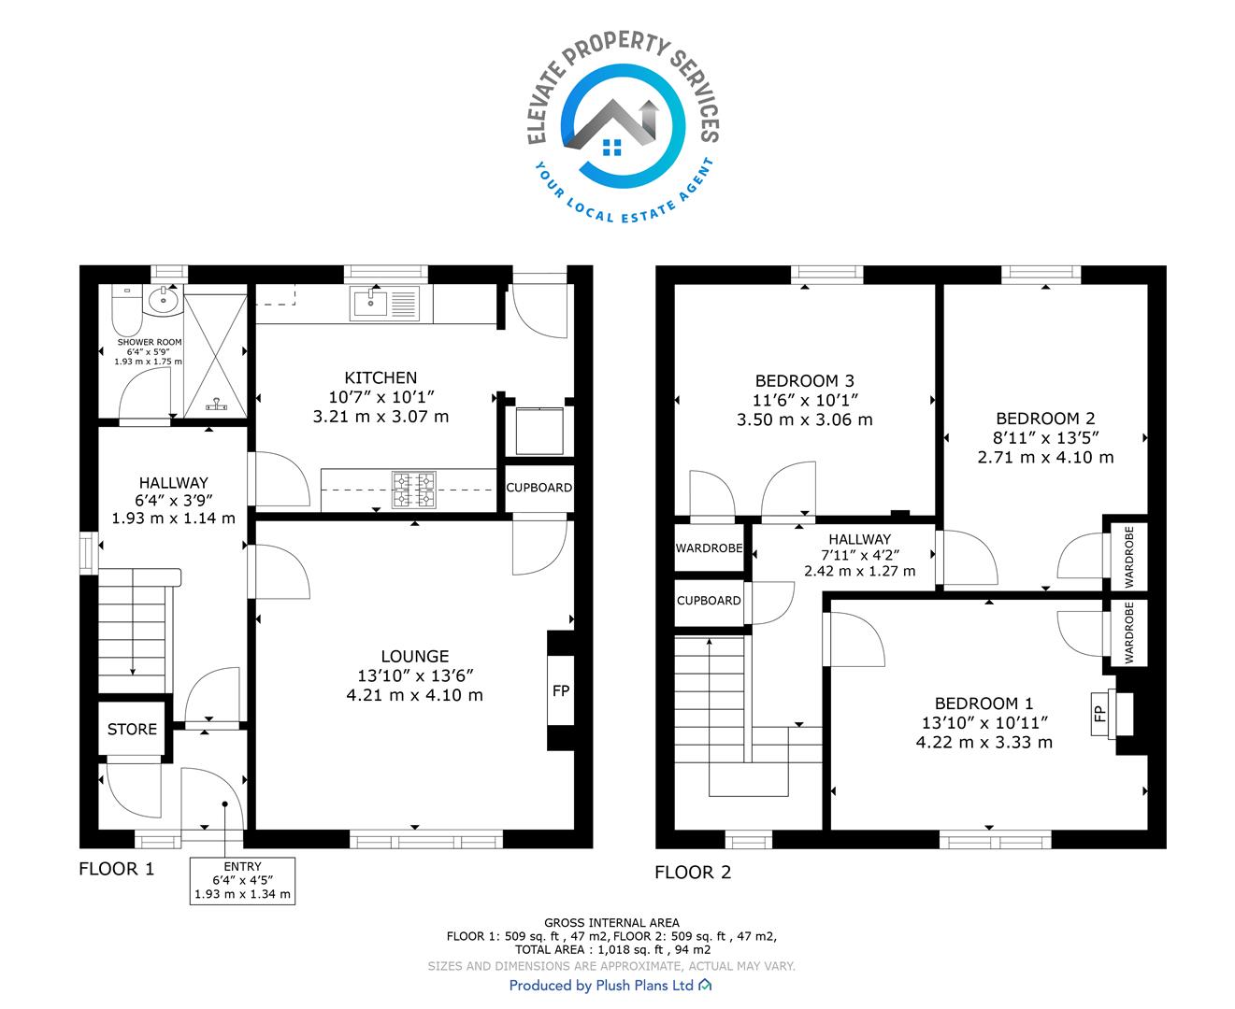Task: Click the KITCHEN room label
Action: [381, 377]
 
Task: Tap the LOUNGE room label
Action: [414, 656]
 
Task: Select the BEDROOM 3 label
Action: [804, 381]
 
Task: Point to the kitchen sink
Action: [385, 304]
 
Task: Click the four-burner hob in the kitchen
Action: [414, 490]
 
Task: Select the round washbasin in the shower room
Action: [164, 301]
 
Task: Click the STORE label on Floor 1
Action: [132, 730]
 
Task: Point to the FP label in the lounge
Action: [560, 691]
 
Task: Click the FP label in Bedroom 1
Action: [1099, 714]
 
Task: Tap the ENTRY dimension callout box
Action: [242, 881]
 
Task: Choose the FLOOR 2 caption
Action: [693, 872]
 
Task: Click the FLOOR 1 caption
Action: [117, 869]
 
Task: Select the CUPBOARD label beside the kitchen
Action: [539, 488]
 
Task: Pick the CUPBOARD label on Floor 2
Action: [709, 601]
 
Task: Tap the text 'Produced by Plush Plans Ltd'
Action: [601, 985]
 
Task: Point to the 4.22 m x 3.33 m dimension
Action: [984, 742]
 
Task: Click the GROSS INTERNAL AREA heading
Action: [611, 923]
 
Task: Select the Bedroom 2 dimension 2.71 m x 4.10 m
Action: [1045, 457]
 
